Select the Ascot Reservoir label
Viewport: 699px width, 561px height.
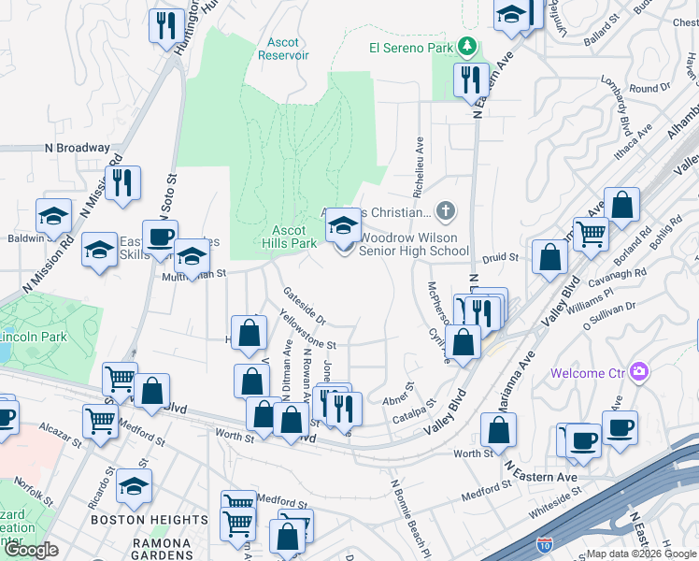[283, 49]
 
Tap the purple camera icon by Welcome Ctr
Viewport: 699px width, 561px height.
[639, 372]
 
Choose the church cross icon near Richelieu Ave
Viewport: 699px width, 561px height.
[447, 210]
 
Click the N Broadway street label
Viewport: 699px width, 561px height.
[77, 148]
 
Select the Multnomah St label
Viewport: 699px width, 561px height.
[194, 275]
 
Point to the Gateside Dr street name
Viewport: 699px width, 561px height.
[304, 305]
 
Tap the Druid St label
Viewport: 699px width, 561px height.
[500, 257]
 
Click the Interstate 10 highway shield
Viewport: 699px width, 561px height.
[545, 542]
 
